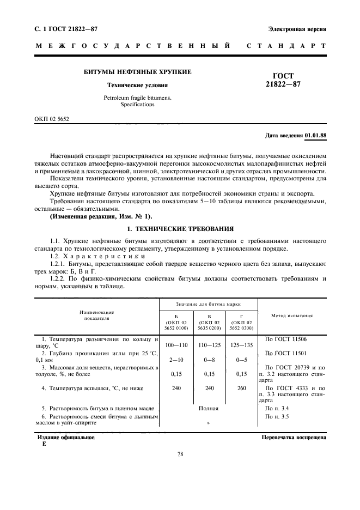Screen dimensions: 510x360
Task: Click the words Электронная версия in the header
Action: coord(297,28)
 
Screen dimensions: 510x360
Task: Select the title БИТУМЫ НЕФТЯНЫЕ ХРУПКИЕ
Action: coord(137,72)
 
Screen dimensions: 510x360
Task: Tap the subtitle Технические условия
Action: coord(137,86)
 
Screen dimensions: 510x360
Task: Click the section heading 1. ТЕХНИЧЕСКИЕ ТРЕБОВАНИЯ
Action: coord(180,228)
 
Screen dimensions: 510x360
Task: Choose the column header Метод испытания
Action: coord(291,315)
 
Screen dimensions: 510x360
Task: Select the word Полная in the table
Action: coord(208,408)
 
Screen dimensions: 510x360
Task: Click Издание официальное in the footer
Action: coord(66,438)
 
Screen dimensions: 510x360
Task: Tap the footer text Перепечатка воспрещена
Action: coord(294,438)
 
